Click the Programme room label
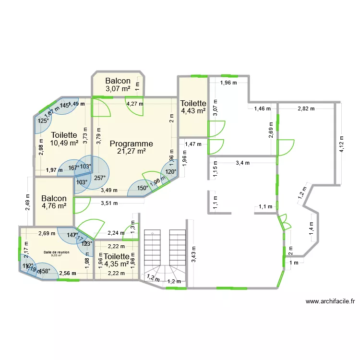pos(132,144)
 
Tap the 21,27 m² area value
pos(132,151)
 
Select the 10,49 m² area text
pos(64,143)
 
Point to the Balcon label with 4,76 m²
pos(54,199)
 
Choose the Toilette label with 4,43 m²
pos(193,103)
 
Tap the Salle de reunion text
pos(56,252)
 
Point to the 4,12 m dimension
pos(341,143)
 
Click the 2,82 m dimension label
pos(306,109)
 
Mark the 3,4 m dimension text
pos(242,163)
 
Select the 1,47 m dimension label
pos(193,144)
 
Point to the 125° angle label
pos(43,121)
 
